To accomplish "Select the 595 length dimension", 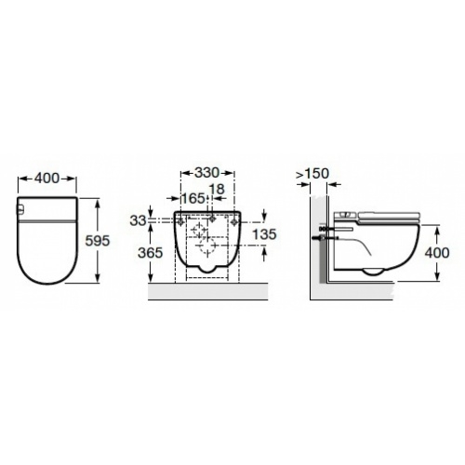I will click(98, 240).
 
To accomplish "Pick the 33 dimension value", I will click(139, 220).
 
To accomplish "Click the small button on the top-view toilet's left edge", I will click(20, 210).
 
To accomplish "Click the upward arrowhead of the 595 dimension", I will click(98, 200).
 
